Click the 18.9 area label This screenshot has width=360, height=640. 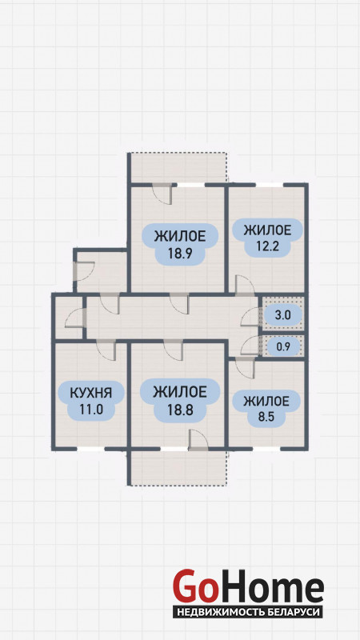coord(179,245)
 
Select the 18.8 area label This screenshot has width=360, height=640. coord(179,402)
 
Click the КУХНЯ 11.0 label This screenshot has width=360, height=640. coord(90,402)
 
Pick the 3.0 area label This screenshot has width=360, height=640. coord(283,315)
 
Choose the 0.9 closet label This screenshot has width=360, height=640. coord(283,347)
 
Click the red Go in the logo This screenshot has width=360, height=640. coord(194,586)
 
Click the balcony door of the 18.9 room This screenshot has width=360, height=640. coord(162,194)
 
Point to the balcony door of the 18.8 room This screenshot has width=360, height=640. coord(198,440)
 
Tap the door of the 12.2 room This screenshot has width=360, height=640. coord(245,285)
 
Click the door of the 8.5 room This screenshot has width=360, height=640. coord(246,367)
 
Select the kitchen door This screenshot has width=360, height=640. coord(106,350)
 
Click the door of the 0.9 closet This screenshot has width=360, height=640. coord(250,346)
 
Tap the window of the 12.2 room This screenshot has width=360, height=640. coord(269,185)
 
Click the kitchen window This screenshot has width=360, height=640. coord(90,449)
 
